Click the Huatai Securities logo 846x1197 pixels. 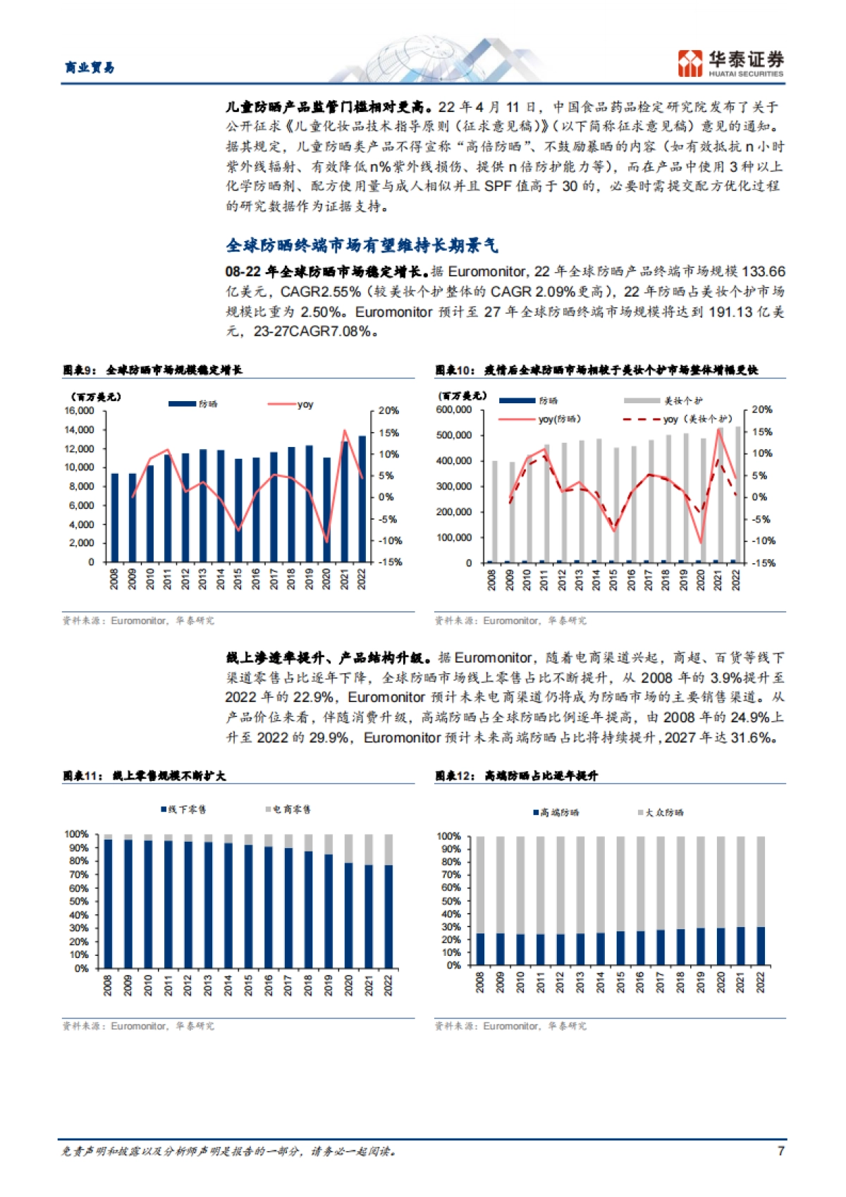click(730, 63)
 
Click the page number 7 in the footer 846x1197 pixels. click(780, 1150)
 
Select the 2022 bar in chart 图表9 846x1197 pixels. click(362, 498)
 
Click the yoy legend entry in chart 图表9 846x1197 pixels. click(290, 404)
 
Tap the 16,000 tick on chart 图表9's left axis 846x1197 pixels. click(80, 410)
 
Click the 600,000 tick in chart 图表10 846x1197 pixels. click(454, 410)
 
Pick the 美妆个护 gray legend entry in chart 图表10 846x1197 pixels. click(663, 400)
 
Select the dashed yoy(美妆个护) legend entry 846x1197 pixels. click(677, 419)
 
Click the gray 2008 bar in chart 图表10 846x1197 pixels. click(494, 511)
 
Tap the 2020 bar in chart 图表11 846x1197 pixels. click(348, 915)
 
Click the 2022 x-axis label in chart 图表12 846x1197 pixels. click(760, 983)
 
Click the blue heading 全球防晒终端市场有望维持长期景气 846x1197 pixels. click(362, 245)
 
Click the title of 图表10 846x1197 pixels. click(596, 370)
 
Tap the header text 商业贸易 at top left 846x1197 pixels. click(90, 68)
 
